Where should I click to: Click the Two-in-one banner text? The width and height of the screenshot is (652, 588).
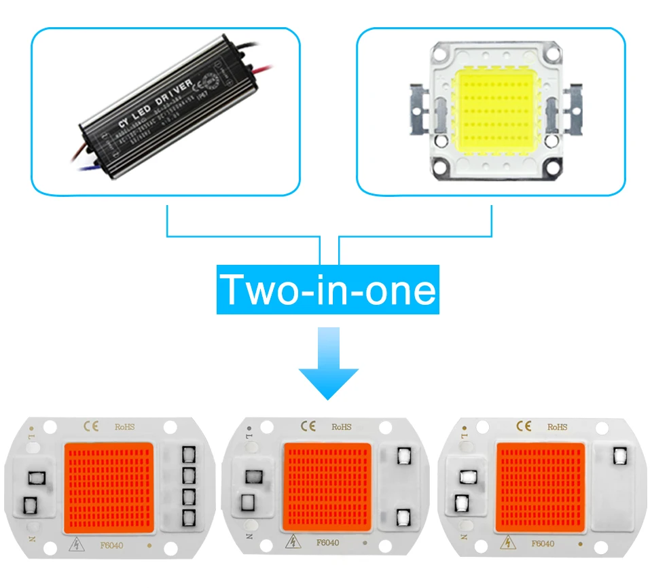click(x=328, y=290)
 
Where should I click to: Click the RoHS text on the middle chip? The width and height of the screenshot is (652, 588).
click(x=341, y=427)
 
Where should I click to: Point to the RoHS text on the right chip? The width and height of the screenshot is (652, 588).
click(x=556, y=427)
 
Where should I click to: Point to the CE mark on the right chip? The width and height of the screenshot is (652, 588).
click(x=524, y=426)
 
